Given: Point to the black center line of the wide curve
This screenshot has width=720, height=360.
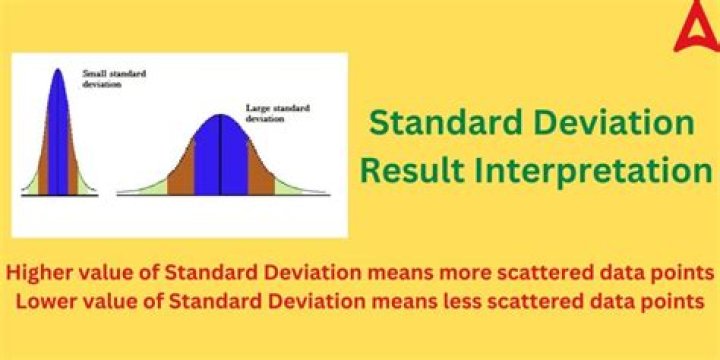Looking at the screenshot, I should pos(222,155).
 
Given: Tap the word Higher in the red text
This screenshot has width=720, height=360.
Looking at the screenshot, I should pos(41,272).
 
